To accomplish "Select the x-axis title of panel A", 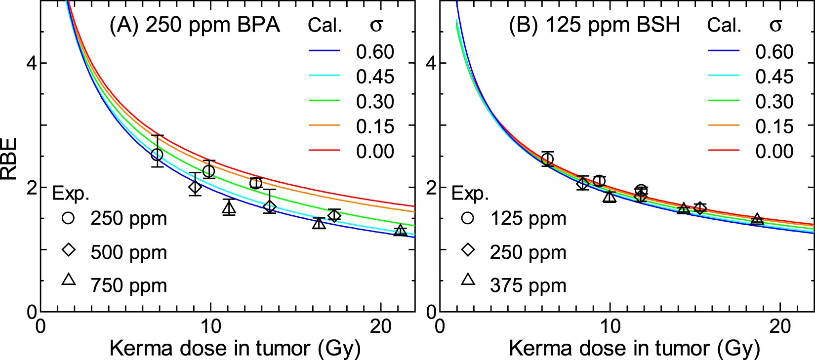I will tap(235, 349).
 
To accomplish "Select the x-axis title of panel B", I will tap(634, 349).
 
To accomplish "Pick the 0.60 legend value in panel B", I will tap(774, 52).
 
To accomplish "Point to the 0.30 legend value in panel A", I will tap(375, 102).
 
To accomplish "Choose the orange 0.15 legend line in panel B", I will tap(724, 126).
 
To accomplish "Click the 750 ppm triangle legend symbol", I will tap(69, 280).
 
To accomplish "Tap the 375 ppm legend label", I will tap(528, 286).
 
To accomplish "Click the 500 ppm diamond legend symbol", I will tap(69, 250).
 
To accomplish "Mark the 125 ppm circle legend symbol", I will tap(468, 218).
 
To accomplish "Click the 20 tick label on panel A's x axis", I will tap(380, 326).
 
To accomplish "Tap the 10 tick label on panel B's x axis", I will tap(610, 326).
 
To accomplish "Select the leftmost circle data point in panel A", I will tap(157, 155).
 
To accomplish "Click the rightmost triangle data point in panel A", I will tap(400, 231).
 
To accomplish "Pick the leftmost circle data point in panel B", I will tap(547, 159).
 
